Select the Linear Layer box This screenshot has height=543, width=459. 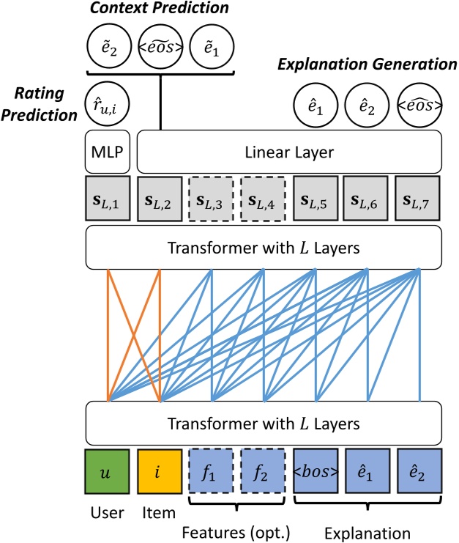click(290, 153)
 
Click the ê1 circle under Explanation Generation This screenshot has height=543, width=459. click(316, 108)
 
